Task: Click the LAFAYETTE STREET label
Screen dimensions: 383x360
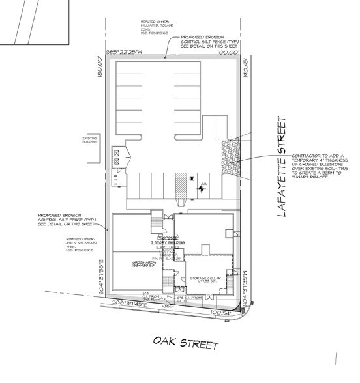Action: coord(281,171)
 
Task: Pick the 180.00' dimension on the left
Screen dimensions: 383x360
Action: coord(101,67)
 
